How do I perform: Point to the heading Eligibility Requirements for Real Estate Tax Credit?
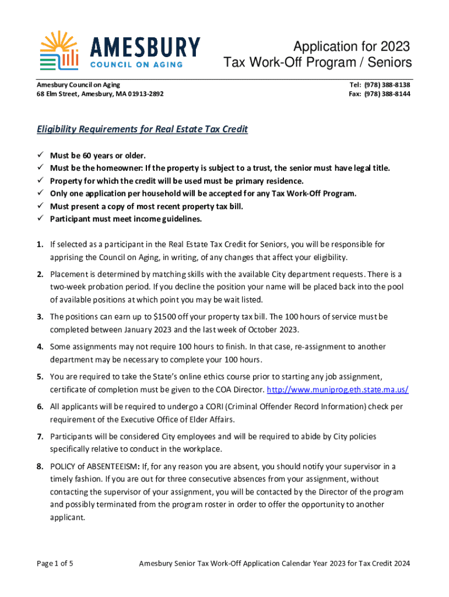142,129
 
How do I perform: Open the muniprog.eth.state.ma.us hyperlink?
338,389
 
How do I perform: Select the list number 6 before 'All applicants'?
40,406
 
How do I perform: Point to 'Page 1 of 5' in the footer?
55,563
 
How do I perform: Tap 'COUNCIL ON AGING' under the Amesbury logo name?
136,65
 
